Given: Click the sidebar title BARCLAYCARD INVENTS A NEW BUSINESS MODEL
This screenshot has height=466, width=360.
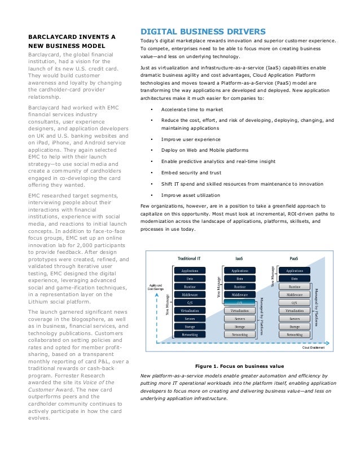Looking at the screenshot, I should [72, 41].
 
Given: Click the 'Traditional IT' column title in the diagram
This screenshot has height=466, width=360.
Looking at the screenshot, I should [190, 258].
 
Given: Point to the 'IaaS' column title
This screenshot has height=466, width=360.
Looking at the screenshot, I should [239, 258].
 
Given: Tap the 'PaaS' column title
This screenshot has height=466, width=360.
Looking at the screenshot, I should [294, 258].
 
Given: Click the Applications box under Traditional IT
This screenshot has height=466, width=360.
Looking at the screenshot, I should [190, 271].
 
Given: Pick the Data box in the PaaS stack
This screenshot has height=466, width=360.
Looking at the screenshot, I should [295, 279].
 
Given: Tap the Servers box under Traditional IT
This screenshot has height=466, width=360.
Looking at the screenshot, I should [190, 319].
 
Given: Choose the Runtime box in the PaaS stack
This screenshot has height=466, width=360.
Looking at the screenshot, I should [295, 287].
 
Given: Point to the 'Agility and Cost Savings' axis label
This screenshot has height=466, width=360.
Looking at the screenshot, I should [155, 287].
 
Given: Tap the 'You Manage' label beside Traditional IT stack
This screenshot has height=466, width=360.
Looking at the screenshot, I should [168, 304].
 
